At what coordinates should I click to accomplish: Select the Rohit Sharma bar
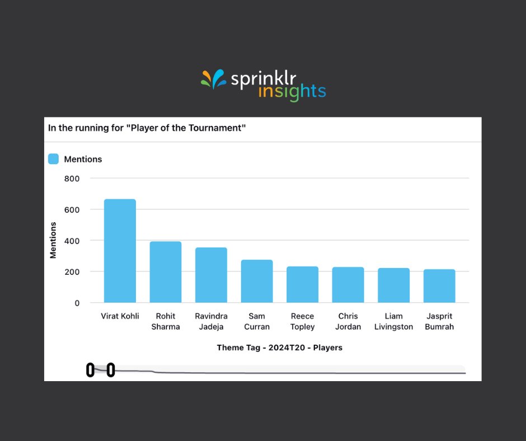point(166,272)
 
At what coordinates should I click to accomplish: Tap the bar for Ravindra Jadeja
point(211,275)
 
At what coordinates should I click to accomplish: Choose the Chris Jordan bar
point(348,285)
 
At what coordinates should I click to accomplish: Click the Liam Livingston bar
point(393,285)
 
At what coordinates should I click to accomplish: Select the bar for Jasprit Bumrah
point(439,286)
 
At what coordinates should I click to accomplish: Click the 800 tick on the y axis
point(72,179)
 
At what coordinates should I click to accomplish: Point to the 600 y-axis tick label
point(72,209)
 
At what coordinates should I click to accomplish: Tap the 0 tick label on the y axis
point(77,303)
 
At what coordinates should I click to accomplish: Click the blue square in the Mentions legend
point(53,159)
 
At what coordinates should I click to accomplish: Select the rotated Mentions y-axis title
point(53,240)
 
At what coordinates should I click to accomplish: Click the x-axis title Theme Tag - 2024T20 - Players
point(279,348)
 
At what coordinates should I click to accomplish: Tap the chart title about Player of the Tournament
point(147,128)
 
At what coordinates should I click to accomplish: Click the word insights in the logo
point(292,92)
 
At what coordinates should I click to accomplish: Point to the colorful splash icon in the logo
point(213,79)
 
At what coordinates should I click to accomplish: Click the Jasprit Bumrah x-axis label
point(439,321)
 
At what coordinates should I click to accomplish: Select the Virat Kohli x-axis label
point(120,316)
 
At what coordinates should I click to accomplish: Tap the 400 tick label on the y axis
point(72,241)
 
